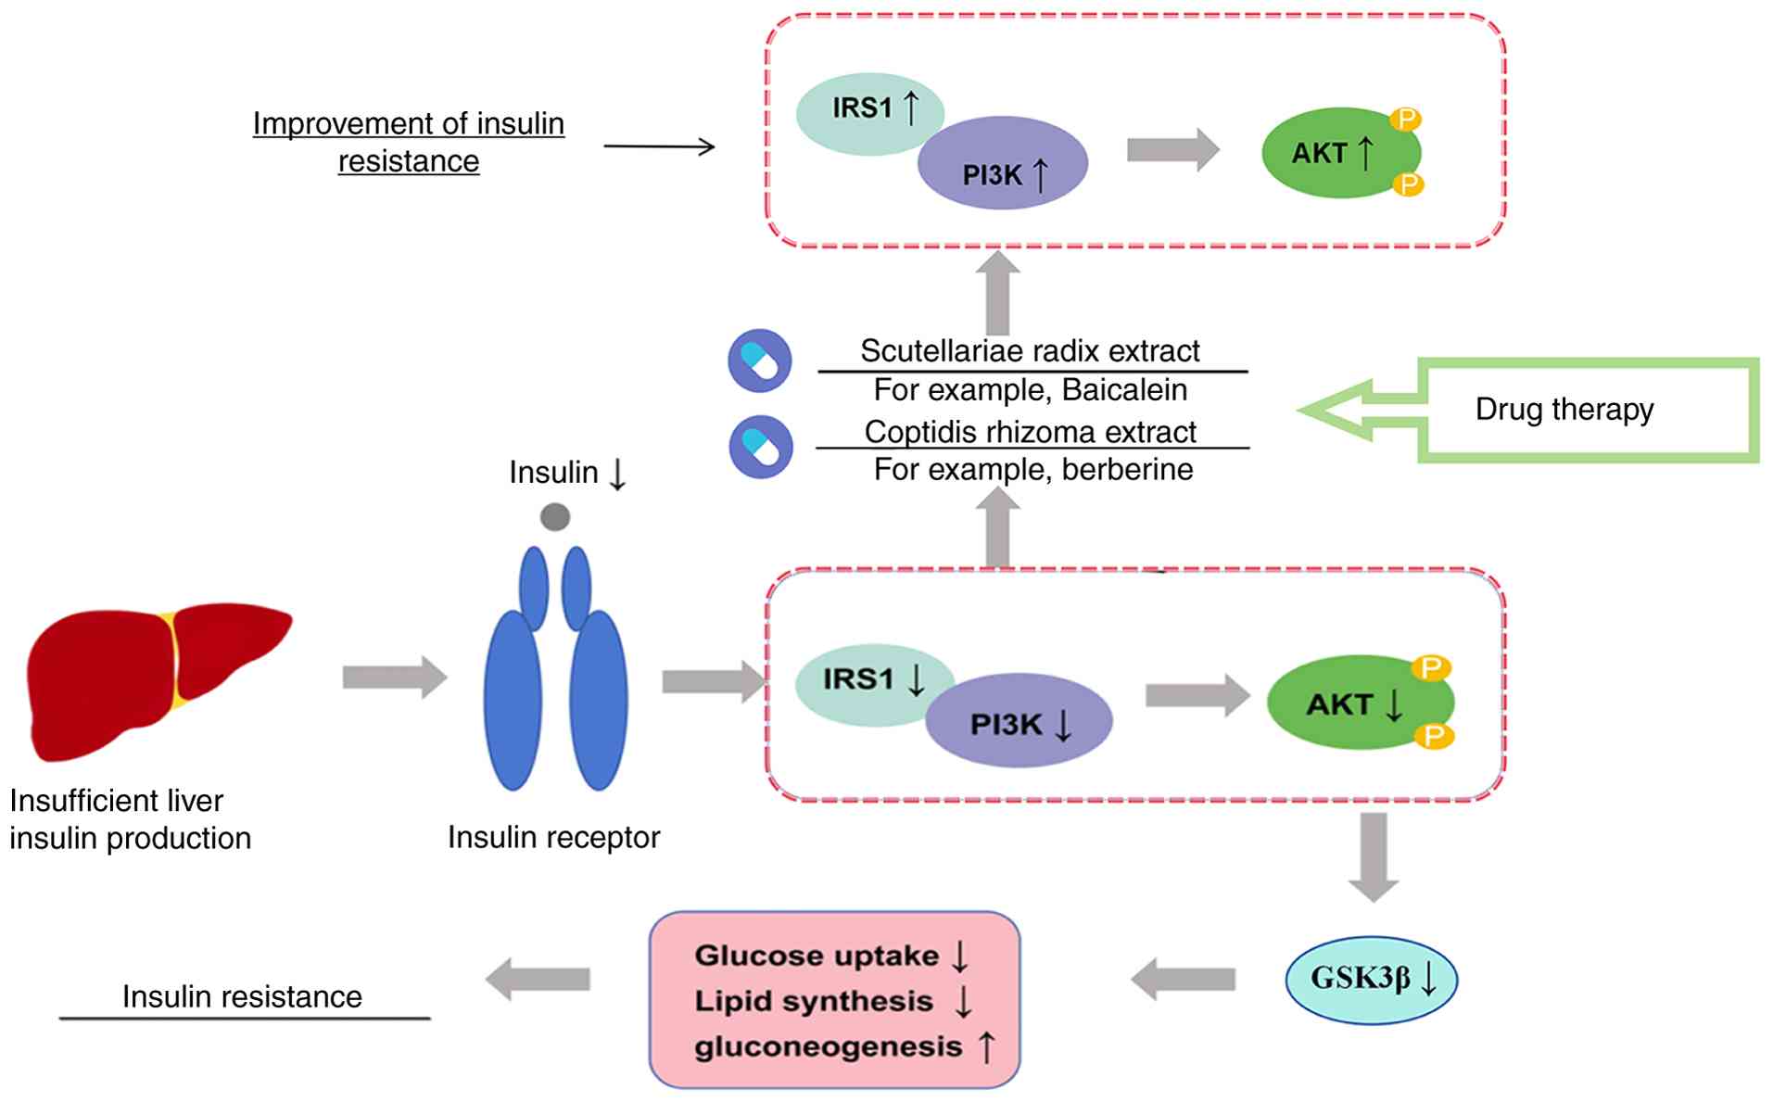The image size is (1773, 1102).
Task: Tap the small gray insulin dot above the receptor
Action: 555,516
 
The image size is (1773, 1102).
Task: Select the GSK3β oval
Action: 1371,979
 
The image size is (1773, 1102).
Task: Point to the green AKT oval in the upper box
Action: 1335,153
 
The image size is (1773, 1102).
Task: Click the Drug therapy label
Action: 1564,409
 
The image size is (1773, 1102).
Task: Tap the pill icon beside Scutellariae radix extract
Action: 760,361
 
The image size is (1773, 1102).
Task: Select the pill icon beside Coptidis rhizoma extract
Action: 761,447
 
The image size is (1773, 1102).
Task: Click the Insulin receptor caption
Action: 553,837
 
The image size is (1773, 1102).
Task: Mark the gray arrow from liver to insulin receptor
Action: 395,678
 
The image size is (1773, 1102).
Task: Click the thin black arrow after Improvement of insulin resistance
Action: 659,146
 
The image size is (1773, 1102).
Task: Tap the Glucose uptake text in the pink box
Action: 816,956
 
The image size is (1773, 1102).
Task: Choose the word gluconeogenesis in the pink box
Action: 828,1046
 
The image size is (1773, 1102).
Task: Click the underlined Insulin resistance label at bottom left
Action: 242,997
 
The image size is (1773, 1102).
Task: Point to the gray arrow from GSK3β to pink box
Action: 1184,979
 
